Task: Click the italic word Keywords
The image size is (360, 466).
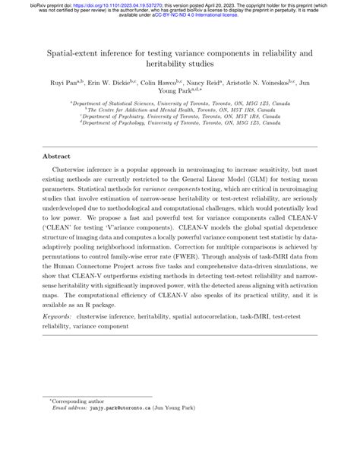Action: click(x=58, y=336)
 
